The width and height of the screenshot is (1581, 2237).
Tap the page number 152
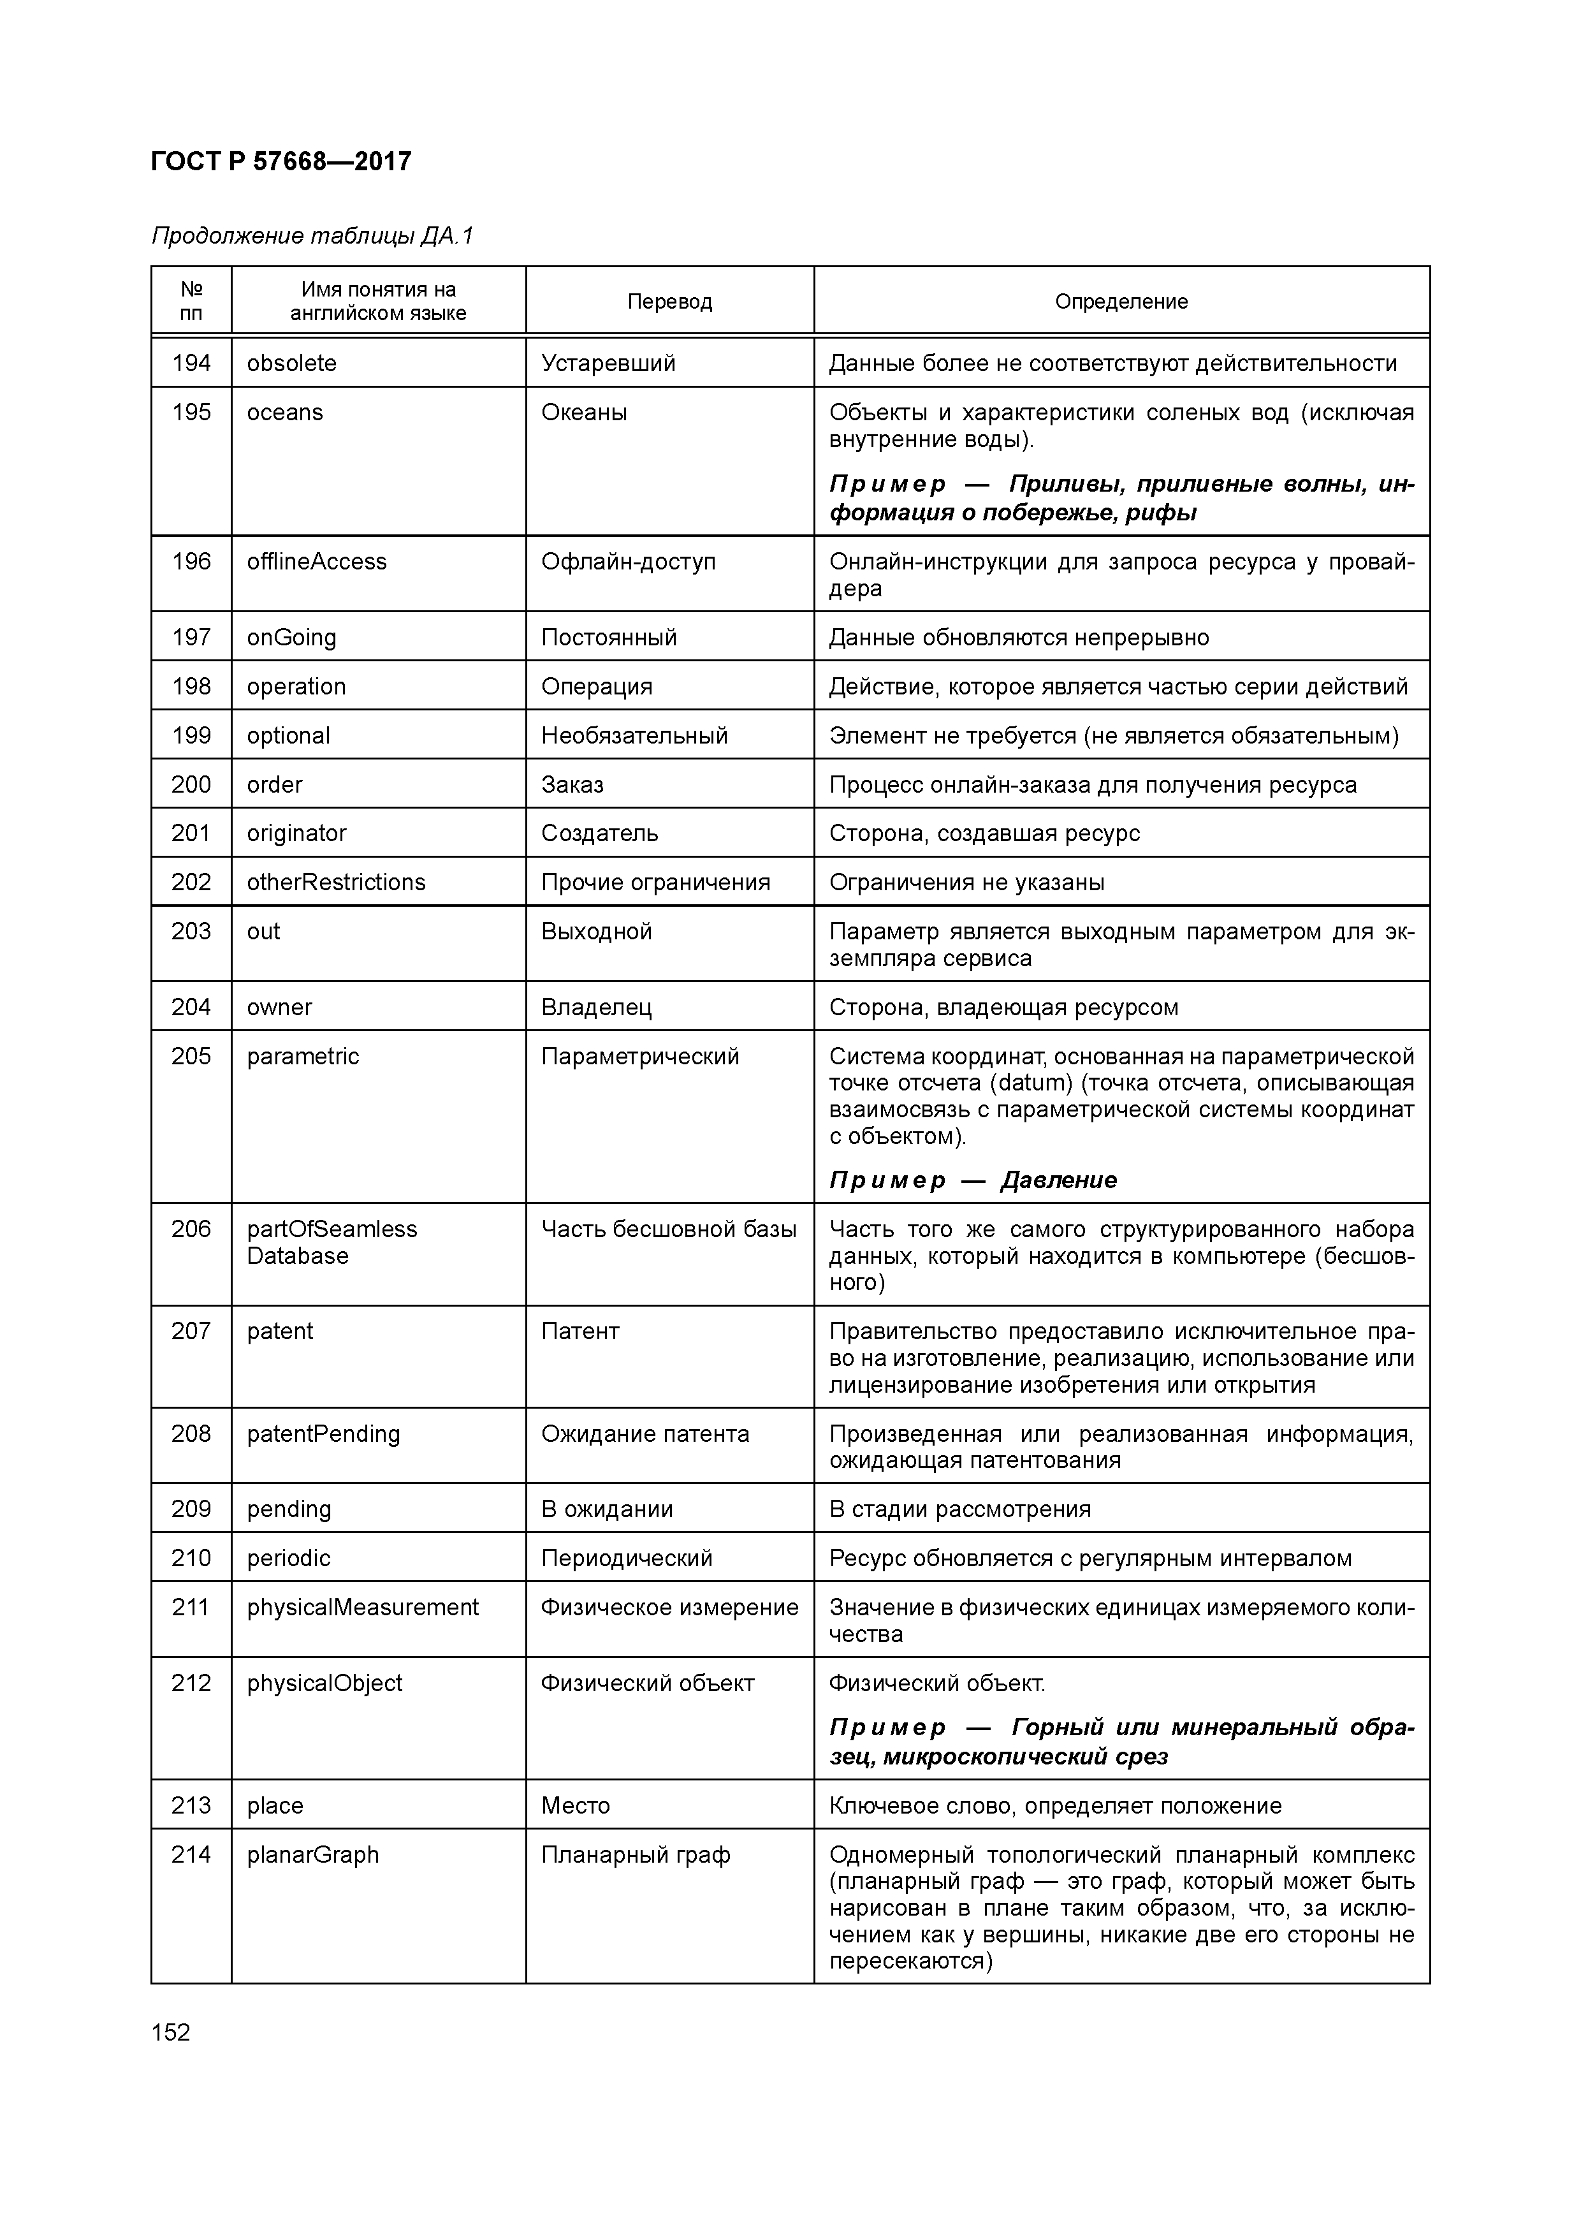[171, 2032]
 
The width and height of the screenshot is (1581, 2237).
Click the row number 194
[191, 363]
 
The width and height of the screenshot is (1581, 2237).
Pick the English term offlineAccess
[317, 562]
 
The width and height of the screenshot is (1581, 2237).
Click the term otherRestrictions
[336, 883]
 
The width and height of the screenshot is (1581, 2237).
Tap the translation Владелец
[596, 1008]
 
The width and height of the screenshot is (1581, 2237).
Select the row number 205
[191, 1057]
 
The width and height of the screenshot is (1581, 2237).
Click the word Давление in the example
[1059, 1181]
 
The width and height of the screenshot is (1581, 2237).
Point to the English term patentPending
[323, 1434]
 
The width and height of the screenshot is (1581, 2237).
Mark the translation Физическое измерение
[669, 1608]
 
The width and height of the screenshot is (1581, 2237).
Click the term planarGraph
[312, 1855]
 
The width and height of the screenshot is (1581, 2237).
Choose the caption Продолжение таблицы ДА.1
[312, 237]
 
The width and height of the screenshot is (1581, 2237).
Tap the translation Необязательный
[634, 736]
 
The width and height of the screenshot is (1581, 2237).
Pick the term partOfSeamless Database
[331, 1243]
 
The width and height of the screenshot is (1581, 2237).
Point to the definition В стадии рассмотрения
[959, 1509]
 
